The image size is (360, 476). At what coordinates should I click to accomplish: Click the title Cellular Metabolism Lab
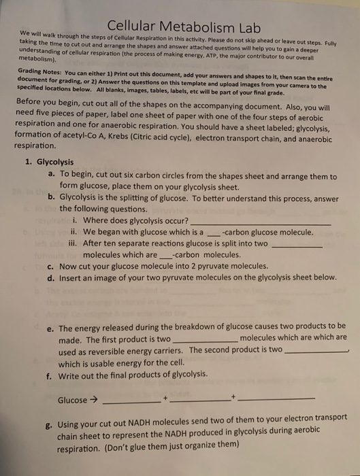pos(179,25)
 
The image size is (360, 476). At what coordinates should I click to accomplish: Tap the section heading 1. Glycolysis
pos(56,163)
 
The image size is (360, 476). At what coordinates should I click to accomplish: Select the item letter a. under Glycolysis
pos(52,175)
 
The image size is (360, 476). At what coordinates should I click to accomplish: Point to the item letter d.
pos(52,277)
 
